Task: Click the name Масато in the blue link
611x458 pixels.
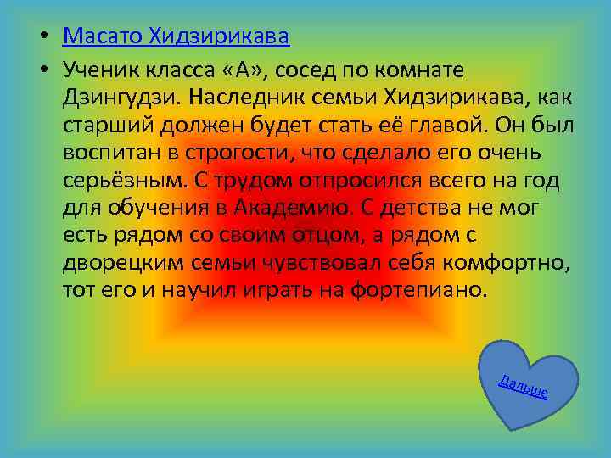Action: click(x=103, y=36)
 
